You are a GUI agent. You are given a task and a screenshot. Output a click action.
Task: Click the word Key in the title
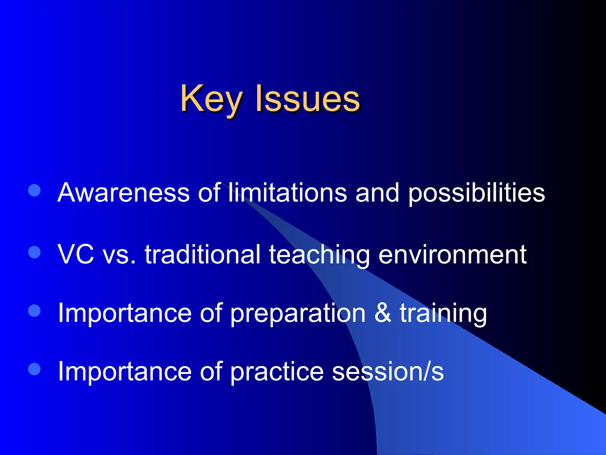(212, 98)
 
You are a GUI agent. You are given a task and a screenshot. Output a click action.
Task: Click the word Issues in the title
(308, 98)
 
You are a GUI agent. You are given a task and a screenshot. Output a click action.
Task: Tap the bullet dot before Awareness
(34, 190)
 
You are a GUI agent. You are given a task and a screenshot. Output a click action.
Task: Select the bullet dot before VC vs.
(34, 252)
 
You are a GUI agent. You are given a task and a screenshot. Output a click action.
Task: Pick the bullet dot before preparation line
(34, 311)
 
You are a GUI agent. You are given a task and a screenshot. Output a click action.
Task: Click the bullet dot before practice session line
(34, 369)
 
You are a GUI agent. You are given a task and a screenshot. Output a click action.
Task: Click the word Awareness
(123, 193)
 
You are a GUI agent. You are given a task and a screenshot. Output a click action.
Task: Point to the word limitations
(287, 193)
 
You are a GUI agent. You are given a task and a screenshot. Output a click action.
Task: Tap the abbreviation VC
(76, 254)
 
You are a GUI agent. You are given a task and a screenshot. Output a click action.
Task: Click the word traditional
(203, 254)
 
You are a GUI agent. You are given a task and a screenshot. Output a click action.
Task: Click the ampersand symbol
(383, 313)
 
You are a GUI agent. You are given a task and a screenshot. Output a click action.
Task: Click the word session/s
(388, 371)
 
